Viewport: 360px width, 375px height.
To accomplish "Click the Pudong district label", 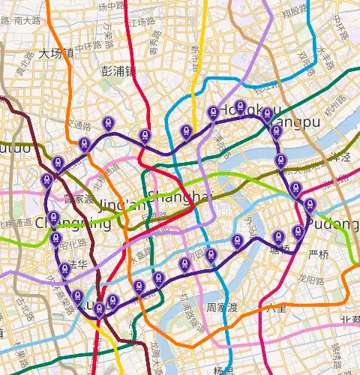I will pos(337,224).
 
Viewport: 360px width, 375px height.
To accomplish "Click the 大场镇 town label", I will pos(57,53).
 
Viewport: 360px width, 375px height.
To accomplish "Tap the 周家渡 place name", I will pos(223,307).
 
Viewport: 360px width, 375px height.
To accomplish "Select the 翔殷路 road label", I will pos(295,10).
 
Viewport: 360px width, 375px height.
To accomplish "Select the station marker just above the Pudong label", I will pos(310,205).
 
